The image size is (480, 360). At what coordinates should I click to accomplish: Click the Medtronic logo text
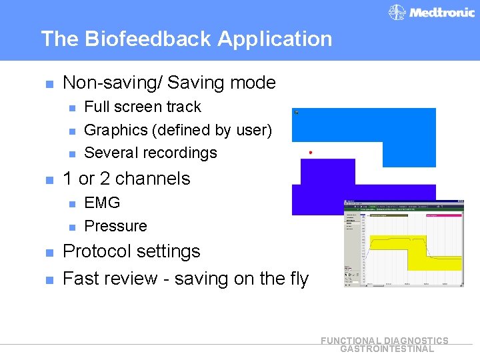441,12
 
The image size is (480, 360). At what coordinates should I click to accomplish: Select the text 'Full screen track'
142,107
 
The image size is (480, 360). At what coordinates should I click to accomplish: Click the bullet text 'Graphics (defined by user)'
178,130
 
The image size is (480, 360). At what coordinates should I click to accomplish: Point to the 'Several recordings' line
151,153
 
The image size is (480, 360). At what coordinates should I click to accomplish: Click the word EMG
102,203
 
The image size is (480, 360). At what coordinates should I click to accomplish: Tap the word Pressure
115,226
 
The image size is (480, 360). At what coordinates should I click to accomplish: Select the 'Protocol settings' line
131,251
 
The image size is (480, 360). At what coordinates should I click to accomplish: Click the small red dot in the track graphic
311,153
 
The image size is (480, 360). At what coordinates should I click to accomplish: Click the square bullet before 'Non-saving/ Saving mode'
48,84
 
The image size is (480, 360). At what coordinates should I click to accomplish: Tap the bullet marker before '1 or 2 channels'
48,180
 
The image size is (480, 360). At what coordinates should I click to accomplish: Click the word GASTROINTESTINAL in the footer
387,349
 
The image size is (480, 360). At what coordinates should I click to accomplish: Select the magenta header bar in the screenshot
443,215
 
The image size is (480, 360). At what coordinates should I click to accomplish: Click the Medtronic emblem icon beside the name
397,12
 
